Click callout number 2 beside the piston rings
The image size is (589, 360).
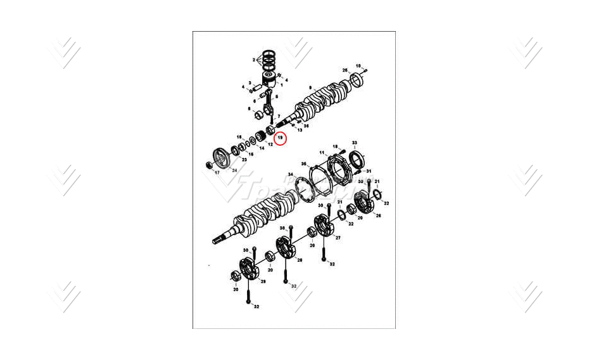(x=253, y=60)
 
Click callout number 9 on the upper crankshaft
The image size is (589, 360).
(x=310, y=87)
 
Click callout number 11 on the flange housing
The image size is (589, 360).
(x=322, y=153)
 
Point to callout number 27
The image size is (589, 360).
(x=338, y=238)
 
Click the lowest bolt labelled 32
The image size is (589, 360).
(x=248, y=298)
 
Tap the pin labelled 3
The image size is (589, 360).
(x=250, y=82)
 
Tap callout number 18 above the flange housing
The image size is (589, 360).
(x=335, y=146)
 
